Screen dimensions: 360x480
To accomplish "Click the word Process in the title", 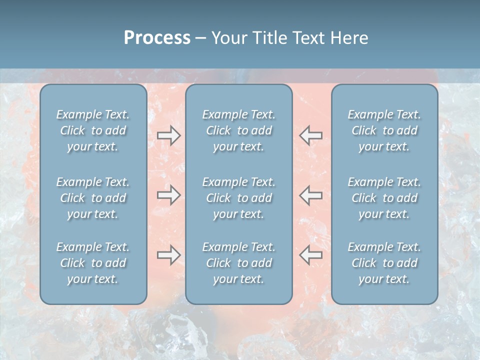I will click(x=157, y=38).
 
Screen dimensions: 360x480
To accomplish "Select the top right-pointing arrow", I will click(x=169, y=135).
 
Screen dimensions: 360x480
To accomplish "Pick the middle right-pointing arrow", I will click(x=169, y=195).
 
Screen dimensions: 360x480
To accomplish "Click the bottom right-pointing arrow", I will click(x=169, y=255).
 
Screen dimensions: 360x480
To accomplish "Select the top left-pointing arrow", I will click(x=310, y=135).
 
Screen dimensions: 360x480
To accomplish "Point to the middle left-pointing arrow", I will click(x=310, y=195).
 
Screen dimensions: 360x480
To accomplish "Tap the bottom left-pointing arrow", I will click(x=310, y=255).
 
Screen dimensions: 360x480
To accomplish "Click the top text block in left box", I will click(x=93, y=130).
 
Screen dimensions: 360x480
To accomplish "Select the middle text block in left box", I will click(x=93, y=198).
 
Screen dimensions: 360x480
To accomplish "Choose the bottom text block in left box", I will click(x=93, y=263).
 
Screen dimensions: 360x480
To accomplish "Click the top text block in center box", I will click(x=239, y=130).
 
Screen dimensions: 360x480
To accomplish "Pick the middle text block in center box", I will click(x=239, y=198).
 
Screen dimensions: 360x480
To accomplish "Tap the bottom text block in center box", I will click(x=239, y=263).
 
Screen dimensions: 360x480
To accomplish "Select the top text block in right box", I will click(x=384, y=130).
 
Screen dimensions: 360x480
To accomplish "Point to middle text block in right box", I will click(x=384, y=198).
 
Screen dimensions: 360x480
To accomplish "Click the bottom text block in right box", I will click(x=384, y=263).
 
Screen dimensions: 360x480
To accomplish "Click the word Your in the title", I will click(x=227, y=38).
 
